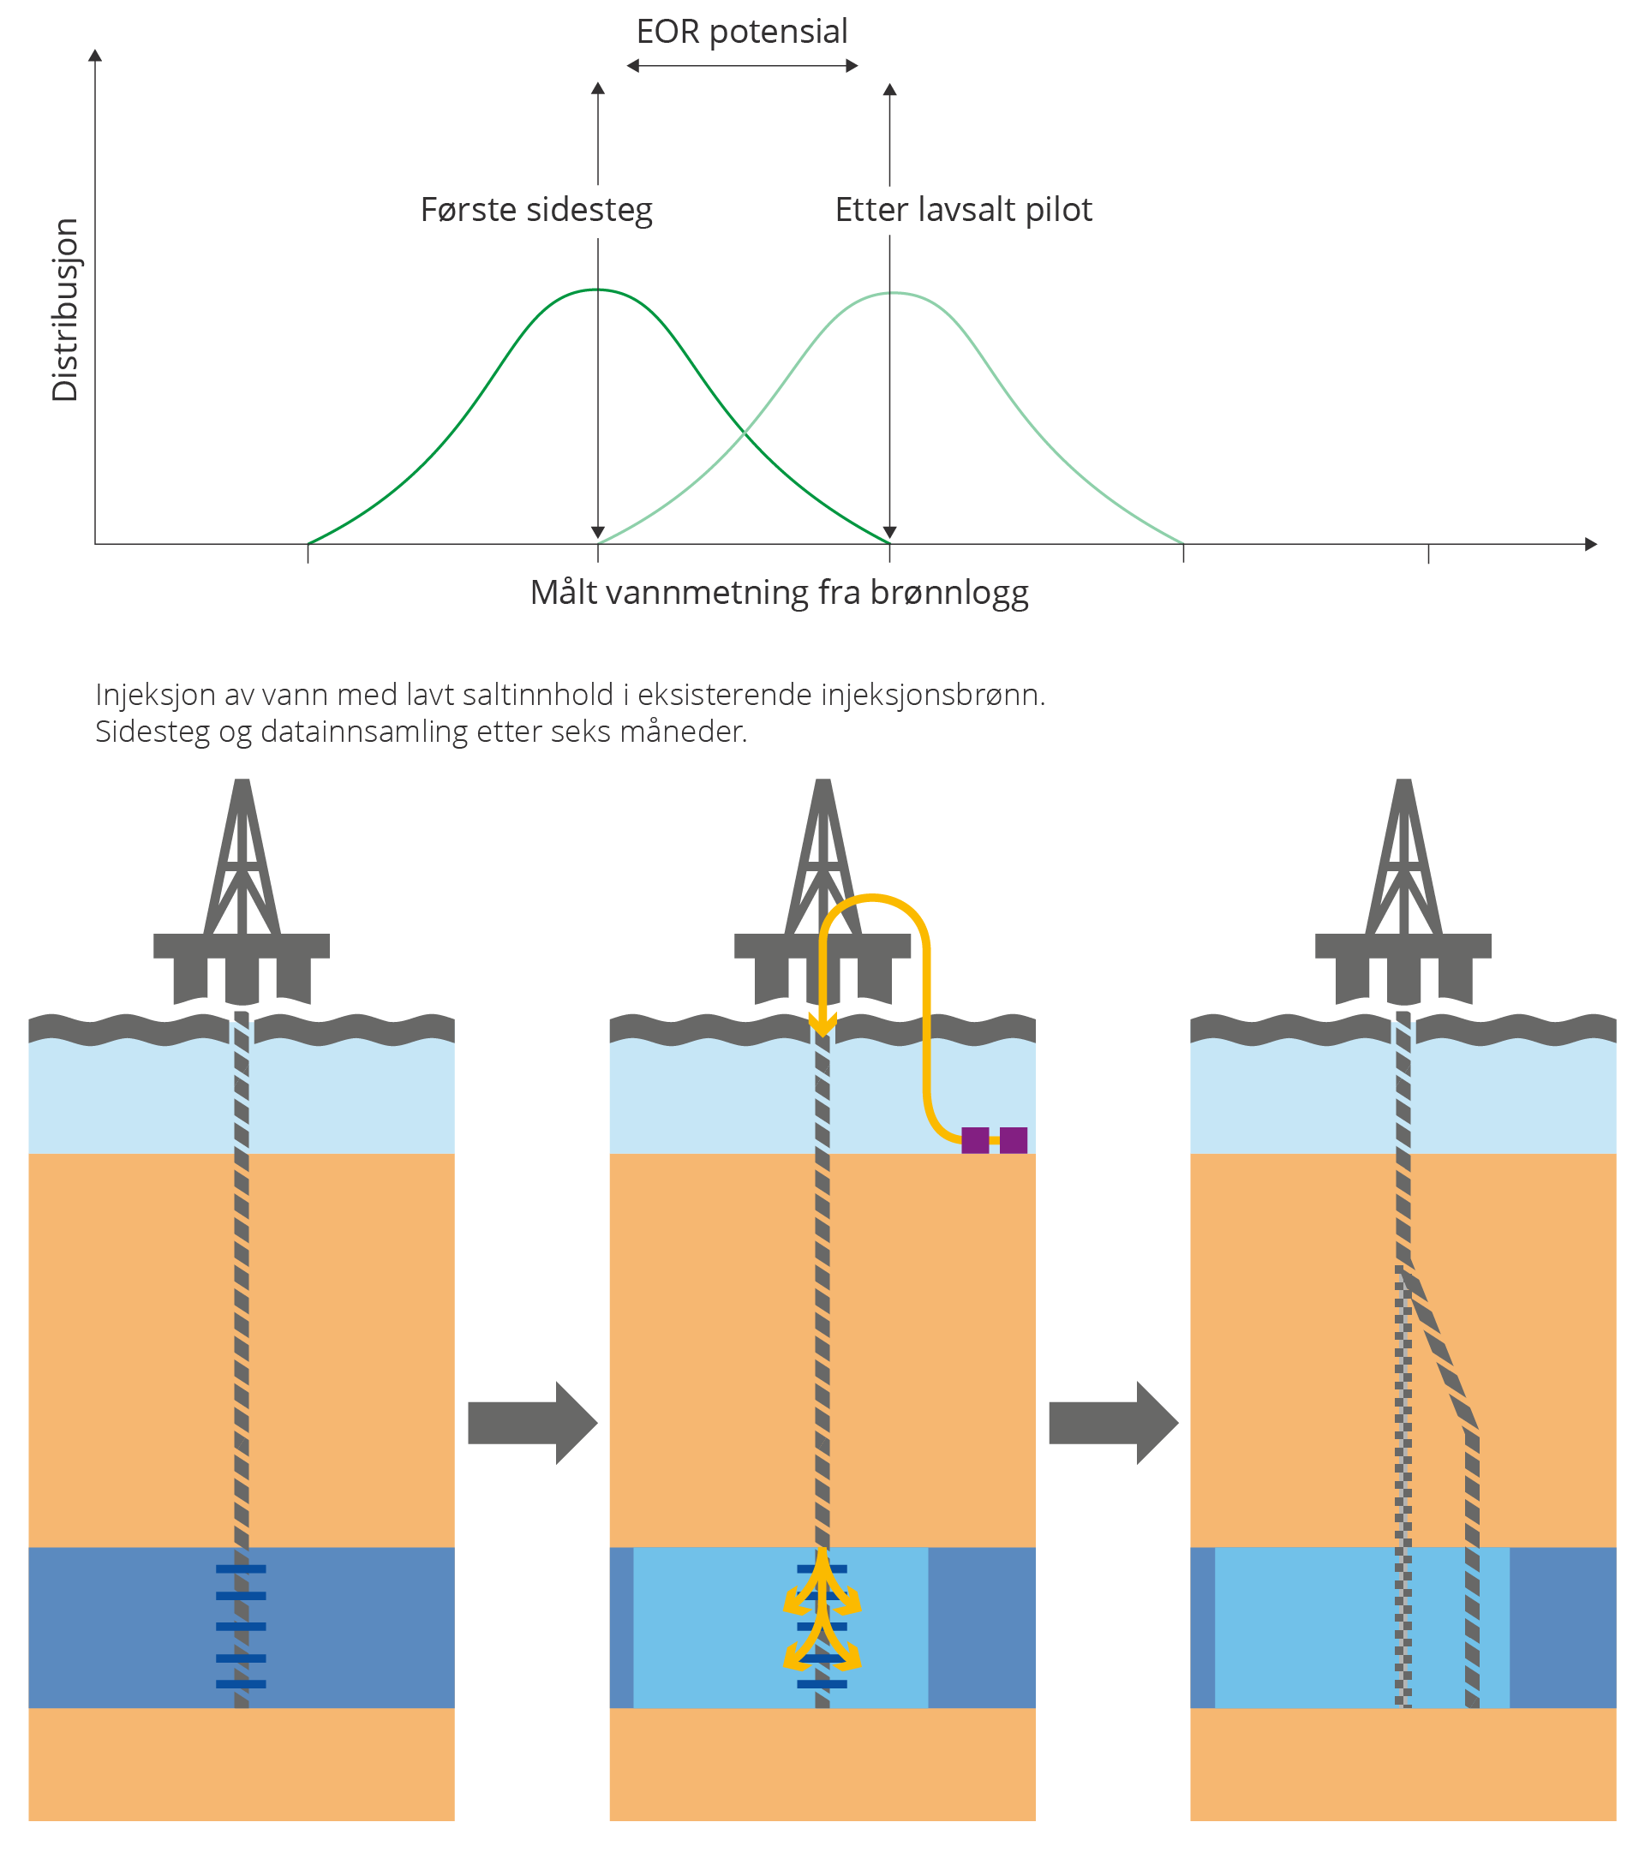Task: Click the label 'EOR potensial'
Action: click(742, 32)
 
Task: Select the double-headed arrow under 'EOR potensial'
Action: click(742, 66)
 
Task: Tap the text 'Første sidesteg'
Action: click(536, 210)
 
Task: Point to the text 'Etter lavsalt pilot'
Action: click(963, 210)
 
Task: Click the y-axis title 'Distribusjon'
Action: click(65, 310)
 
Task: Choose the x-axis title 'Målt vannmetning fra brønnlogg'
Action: click(780, 594)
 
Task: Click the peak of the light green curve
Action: click(893, 293)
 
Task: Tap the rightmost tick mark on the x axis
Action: click(1428, 553)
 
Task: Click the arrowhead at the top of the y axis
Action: click(95, 56)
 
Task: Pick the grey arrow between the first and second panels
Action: click(532, 1423)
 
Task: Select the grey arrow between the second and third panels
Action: click(1114, 1423)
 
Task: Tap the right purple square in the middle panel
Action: click(1014, 1141)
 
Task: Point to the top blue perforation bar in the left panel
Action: click(242, 1569)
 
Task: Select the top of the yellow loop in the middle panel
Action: click(873, 898)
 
